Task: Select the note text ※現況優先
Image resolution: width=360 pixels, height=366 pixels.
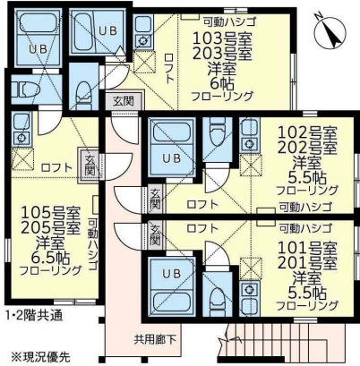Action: point(40,355)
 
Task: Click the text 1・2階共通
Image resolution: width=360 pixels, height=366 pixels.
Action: point(32,316)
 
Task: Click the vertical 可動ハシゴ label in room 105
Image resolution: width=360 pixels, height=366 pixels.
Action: point(104,242)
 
